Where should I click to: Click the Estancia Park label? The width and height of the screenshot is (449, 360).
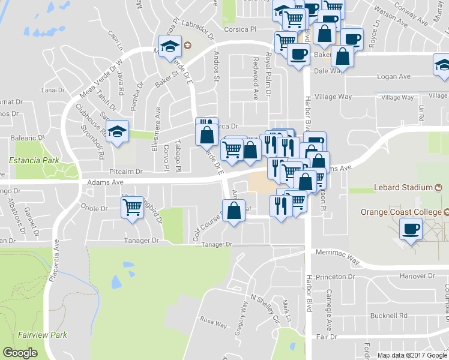click(x=34, y=160)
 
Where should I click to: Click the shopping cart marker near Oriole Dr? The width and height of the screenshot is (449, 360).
click(x=132, y=208)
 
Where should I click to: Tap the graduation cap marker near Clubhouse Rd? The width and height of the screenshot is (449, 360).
click(x=118, y=130)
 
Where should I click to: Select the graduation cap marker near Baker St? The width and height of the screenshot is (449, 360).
click(x=170, y=45)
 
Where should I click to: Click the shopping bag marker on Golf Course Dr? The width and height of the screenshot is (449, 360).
click(x=233, y=211)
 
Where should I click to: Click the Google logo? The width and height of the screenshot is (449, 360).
click(x=20, y=352)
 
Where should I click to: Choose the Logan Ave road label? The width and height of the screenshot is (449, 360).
click(x=393, y=77)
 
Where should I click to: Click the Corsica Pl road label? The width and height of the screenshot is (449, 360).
click(x=240, y=28)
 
